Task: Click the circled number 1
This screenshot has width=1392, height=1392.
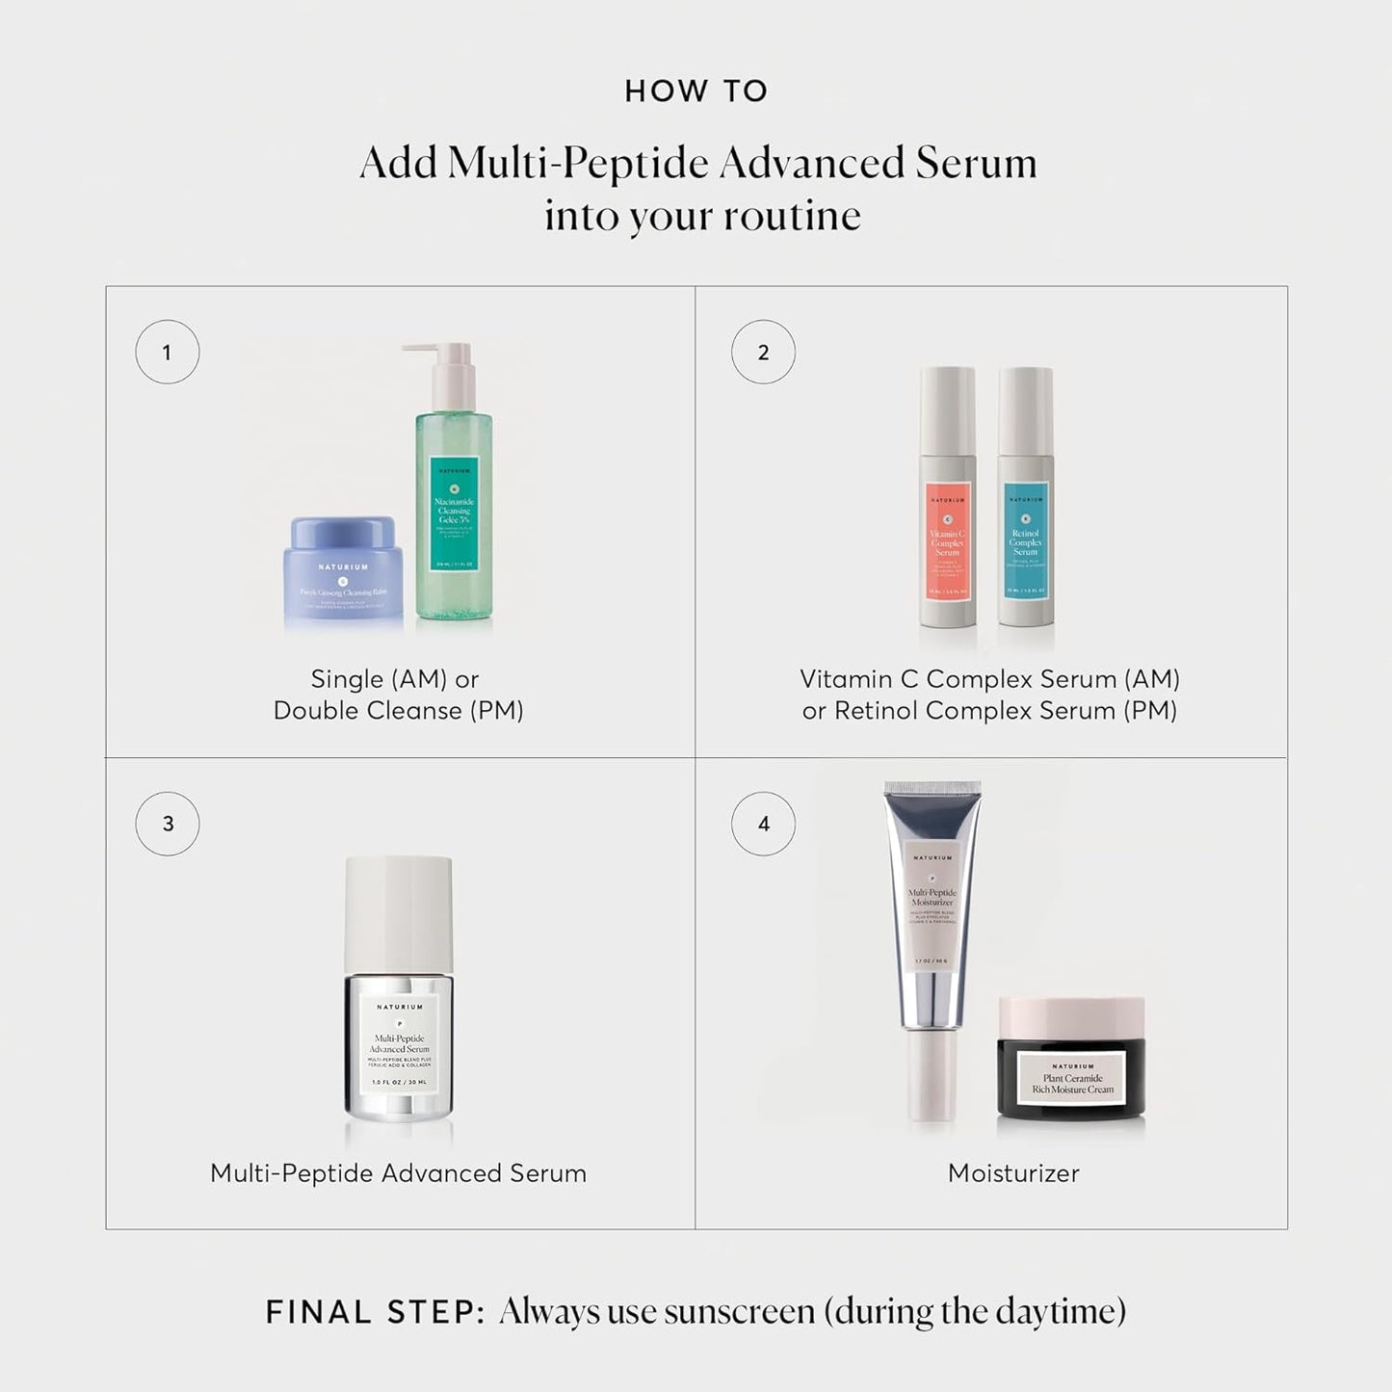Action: pos(167,353)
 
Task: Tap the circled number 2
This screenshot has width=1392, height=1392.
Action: pos(763,353)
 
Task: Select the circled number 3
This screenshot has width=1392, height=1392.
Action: pos(168,824)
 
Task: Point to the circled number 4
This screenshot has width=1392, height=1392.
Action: pos(763,824)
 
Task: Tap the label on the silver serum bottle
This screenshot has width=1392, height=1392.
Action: pos(399,1045)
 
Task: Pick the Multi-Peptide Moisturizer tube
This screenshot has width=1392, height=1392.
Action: pos(932,925)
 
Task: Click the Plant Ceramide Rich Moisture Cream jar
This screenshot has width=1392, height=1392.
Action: pos(1071,1069)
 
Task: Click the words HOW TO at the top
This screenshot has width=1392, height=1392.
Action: pos(696,92)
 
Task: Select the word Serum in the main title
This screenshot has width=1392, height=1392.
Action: pos(976,163)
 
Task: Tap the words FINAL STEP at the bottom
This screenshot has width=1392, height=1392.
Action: pos(375,1312)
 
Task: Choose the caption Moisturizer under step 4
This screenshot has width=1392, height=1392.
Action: pos(1013,1173)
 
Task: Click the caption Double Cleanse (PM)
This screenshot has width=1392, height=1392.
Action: pos(398,711)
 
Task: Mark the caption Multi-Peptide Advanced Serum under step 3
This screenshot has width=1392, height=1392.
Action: pos(398,1173)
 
